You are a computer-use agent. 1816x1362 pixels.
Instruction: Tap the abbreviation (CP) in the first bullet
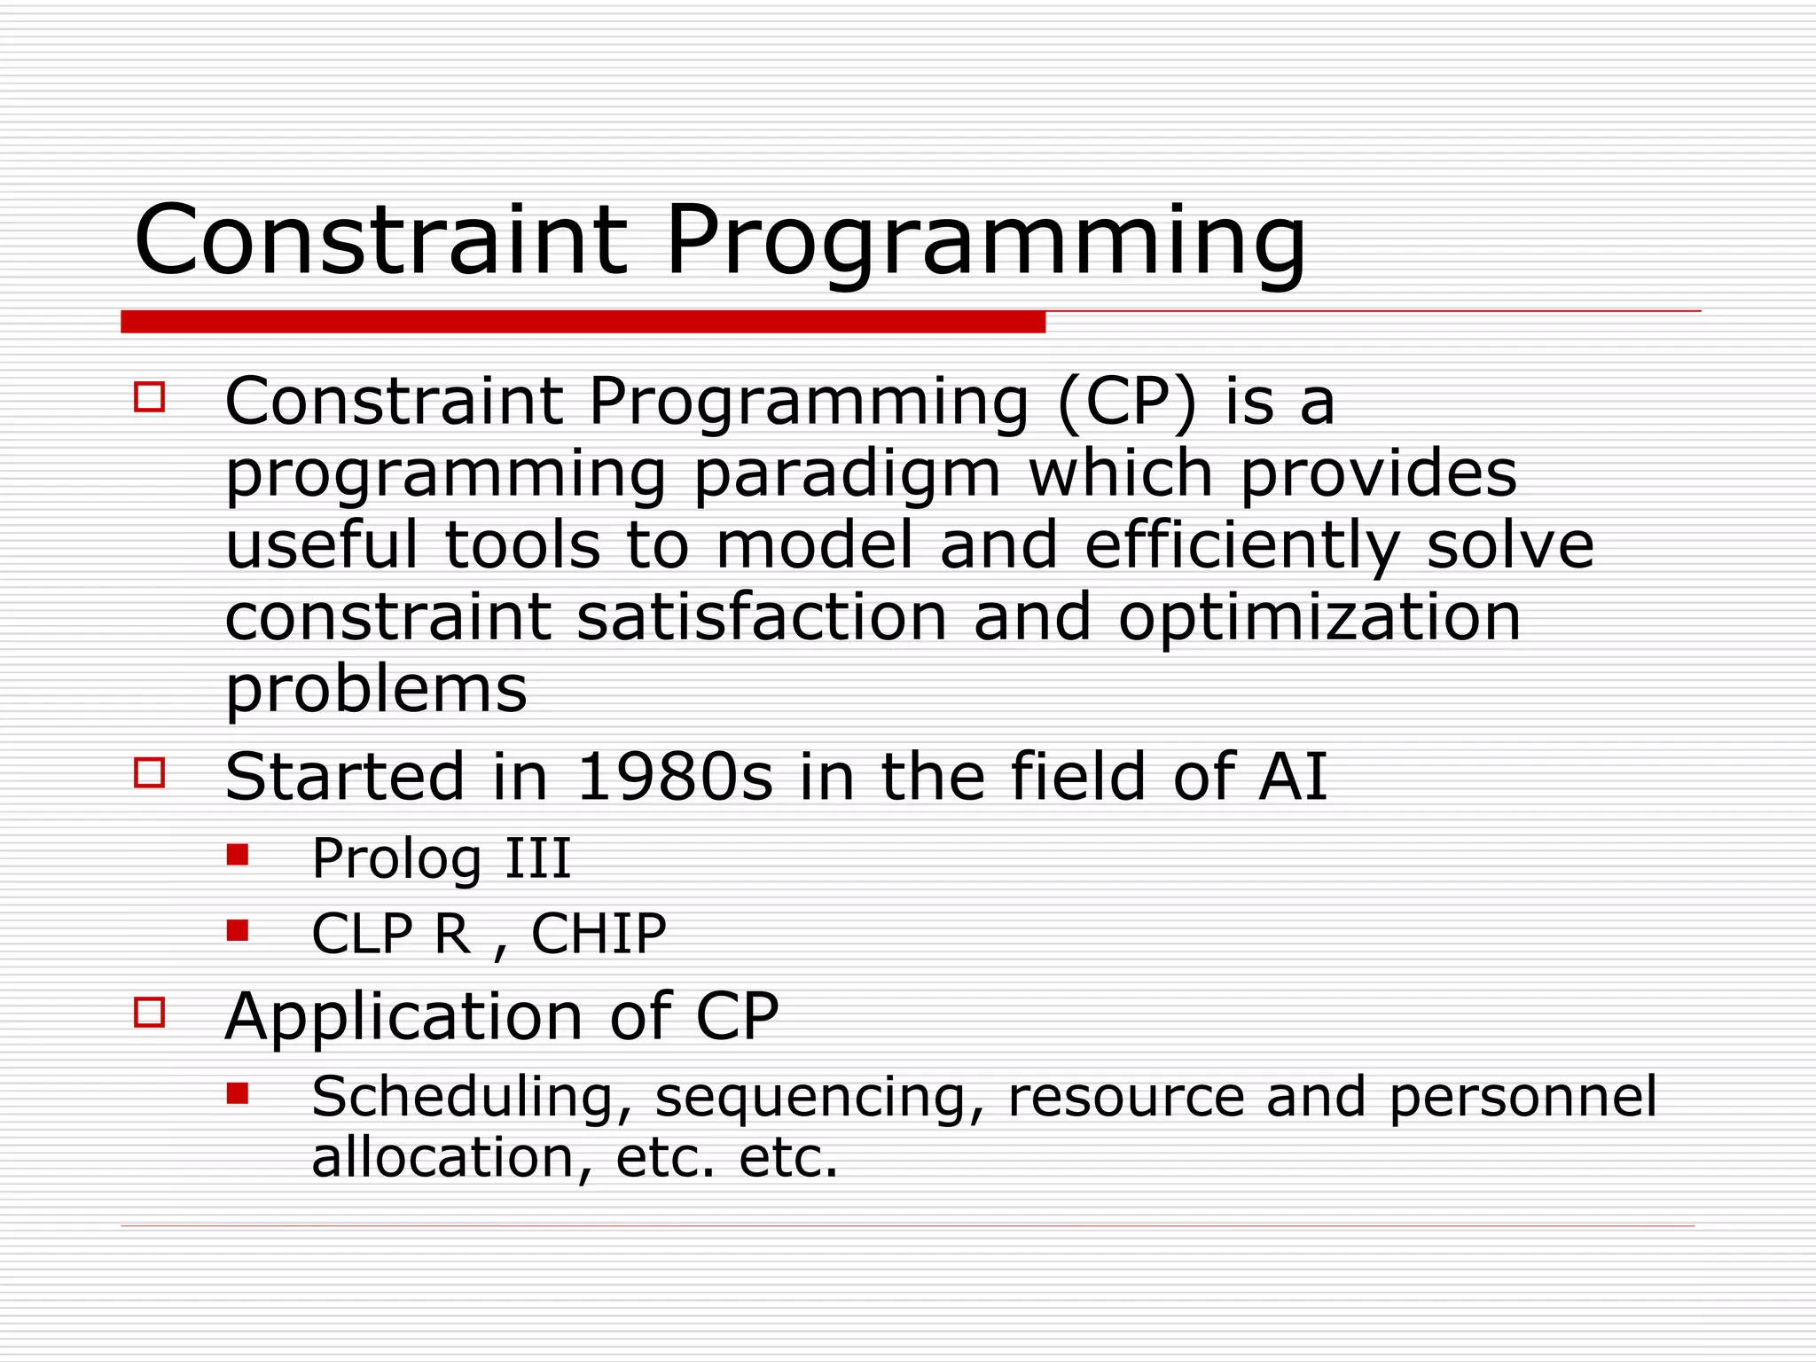(x=1126, y=403)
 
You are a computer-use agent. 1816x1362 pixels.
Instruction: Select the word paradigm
(x=847, y=476)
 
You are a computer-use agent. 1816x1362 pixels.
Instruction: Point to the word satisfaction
(x=761, y=618)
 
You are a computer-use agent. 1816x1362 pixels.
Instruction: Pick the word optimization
(x=1319, y=618)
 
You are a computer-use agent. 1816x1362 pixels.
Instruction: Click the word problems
(x=376, y=691)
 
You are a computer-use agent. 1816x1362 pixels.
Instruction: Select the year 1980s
(x=674, y=778)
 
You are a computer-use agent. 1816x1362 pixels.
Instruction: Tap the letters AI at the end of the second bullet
(x=1292, y=778)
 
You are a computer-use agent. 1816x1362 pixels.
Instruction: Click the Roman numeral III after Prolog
(x=537, y=858)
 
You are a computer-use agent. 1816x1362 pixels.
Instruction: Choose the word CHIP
(x=599, y=934)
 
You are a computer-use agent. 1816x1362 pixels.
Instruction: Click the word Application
(x=403, y=1017)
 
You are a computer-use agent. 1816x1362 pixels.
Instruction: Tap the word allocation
(x=443, y=1157)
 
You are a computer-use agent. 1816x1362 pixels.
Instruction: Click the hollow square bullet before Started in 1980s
(x=150, y=772)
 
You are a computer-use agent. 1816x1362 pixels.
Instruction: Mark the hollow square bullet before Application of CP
(x=150, y=1012)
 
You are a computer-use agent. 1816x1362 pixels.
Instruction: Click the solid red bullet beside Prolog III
(x=237, y=854)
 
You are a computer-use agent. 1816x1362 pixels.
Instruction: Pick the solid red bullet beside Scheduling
(x=237, y=1092)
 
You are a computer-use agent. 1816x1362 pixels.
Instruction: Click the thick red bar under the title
(x=583, y=322)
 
